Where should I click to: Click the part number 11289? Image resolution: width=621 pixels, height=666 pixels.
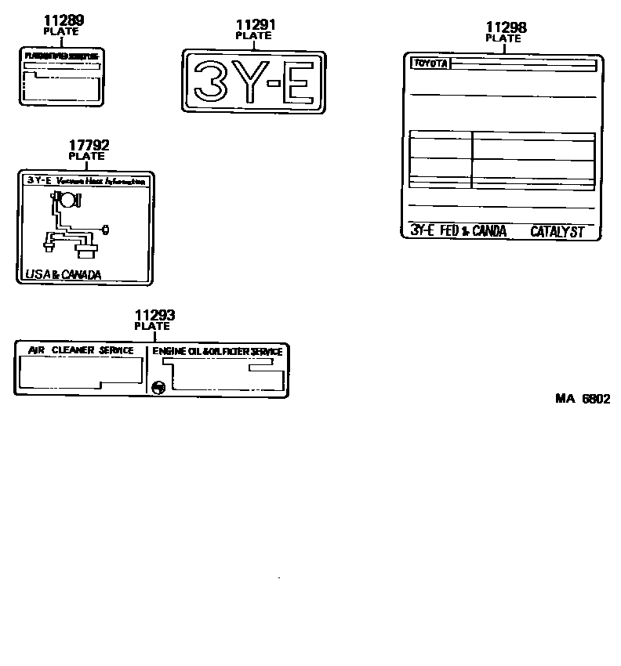64,20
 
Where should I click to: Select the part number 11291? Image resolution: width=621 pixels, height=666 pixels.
256,25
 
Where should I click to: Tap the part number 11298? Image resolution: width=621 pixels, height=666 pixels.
506,27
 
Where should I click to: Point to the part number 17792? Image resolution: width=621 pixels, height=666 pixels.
89,145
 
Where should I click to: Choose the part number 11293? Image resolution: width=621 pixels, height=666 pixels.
154,316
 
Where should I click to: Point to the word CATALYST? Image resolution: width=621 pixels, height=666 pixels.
557,231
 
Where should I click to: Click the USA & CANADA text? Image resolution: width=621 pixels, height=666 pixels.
58,275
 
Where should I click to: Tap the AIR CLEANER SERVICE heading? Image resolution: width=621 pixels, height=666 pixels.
81,350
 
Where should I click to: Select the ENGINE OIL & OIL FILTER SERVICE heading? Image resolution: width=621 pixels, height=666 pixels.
217,352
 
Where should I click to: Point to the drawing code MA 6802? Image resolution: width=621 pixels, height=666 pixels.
583,398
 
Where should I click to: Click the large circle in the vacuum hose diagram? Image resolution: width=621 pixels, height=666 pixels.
69,200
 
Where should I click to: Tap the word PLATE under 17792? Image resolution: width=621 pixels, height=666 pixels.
86,156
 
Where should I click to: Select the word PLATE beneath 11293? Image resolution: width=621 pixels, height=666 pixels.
152,326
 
